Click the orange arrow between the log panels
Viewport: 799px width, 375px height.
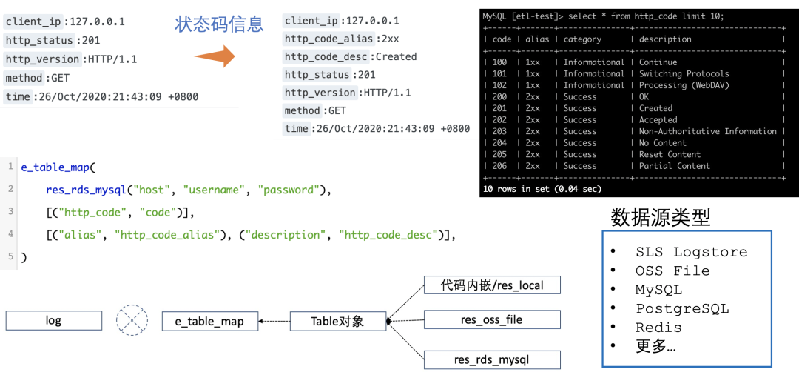point(214,56)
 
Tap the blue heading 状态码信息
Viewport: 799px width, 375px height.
point(219,24)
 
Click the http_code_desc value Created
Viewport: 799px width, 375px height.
point(397,56)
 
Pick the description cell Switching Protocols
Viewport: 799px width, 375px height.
point(684,73)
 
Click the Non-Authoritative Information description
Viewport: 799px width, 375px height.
point(707,131)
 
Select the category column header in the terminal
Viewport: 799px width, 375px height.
point(582,39)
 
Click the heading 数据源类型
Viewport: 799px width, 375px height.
point(660,217)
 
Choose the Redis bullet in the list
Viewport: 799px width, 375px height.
point(658,328)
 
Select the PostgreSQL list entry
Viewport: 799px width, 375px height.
point(681,309)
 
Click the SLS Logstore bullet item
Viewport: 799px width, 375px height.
point(691,252)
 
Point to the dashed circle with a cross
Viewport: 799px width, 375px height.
point(132,320)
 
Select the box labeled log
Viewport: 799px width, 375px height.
point(53,321)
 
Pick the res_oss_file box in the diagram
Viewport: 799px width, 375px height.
point(491,320)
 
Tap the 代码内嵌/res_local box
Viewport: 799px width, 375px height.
point(491,285)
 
